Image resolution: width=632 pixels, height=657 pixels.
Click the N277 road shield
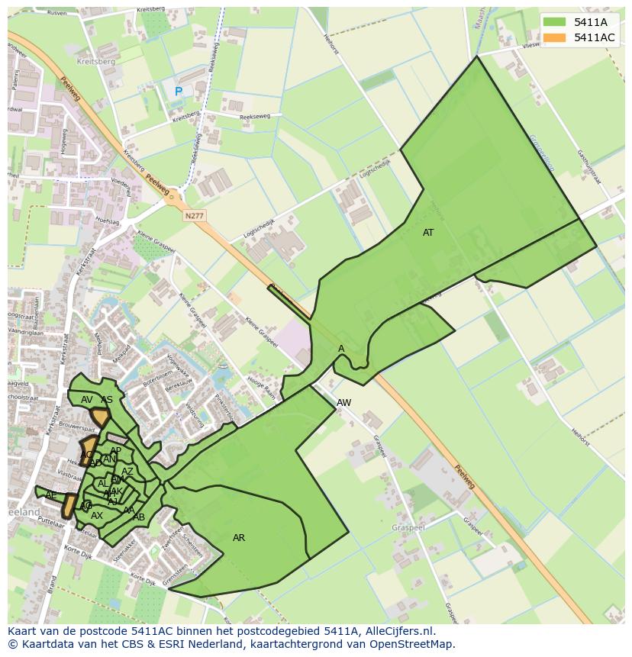[x=195, y=217]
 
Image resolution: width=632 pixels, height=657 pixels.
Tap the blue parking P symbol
[x=179, y=92]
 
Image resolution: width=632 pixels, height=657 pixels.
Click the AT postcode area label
[x=428, y=233]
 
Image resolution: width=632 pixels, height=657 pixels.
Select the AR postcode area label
[x=239, y=538]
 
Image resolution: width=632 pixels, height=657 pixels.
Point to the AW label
[x=344, y=402]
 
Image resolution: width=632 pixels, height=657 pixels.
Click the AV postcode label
[x=87, y=400]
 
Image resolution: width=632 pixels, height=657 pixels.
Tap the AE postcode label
[x=51, y=495]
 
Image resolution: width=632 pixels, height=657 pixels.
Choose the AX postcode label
[x=97, y=516]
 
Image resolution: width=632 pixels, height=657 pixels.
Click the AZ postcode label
[x=127, y=472]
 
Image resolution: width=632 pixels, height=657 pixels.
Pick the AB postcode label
[x=139, y=517]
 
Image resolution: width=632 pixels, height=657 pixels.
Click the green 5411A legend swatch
[x=554, y=22]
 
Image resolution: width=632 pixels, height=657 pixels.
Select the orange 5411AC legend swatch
[x=554, y=37]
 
